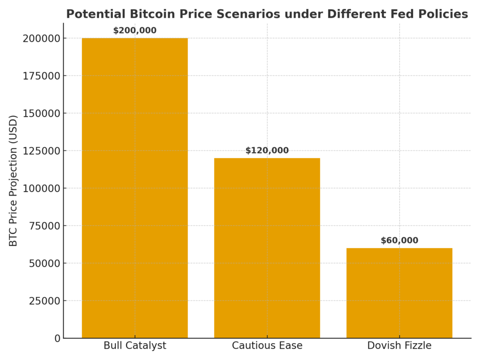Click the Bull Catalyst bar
coord(135,187)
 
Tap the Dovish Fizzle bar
coord(399,292)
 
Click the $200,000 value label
coord(135,31)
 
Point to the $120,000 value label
coord(267,151)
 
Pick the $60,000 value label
coord(399,241)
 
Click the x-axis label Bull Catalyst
coord(135,346)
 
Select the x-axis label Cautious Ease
coord(267,346)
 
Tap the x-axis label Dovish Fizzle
coord(399,346)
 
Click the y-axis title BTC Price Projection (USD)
coord(14,180)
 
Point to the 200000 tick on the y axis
coord(41,38)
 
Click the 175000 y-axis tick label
coord(41,76)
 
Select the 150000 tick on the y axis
coord(41,113)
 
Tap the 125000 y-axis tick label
coord(41,151)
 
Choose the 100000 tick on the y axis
coord(41,188)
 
